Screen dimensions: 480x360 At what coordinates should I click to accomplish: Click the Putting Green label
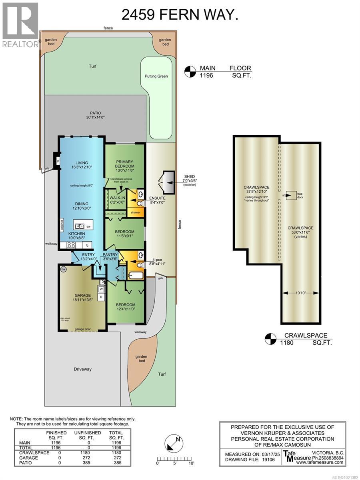coord(156,76)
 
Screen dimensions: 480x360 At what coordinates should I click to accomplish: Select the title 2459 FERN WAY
coord(180,16)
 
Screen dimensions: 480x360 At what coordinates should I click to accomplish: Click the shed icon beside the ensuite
coord(166,183)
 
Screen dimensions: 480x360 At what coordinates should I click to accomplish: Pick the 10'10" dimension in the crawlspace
coord(301,293)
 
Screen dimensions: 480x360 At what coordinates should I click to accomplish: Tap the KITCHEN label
coord(76,233)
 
